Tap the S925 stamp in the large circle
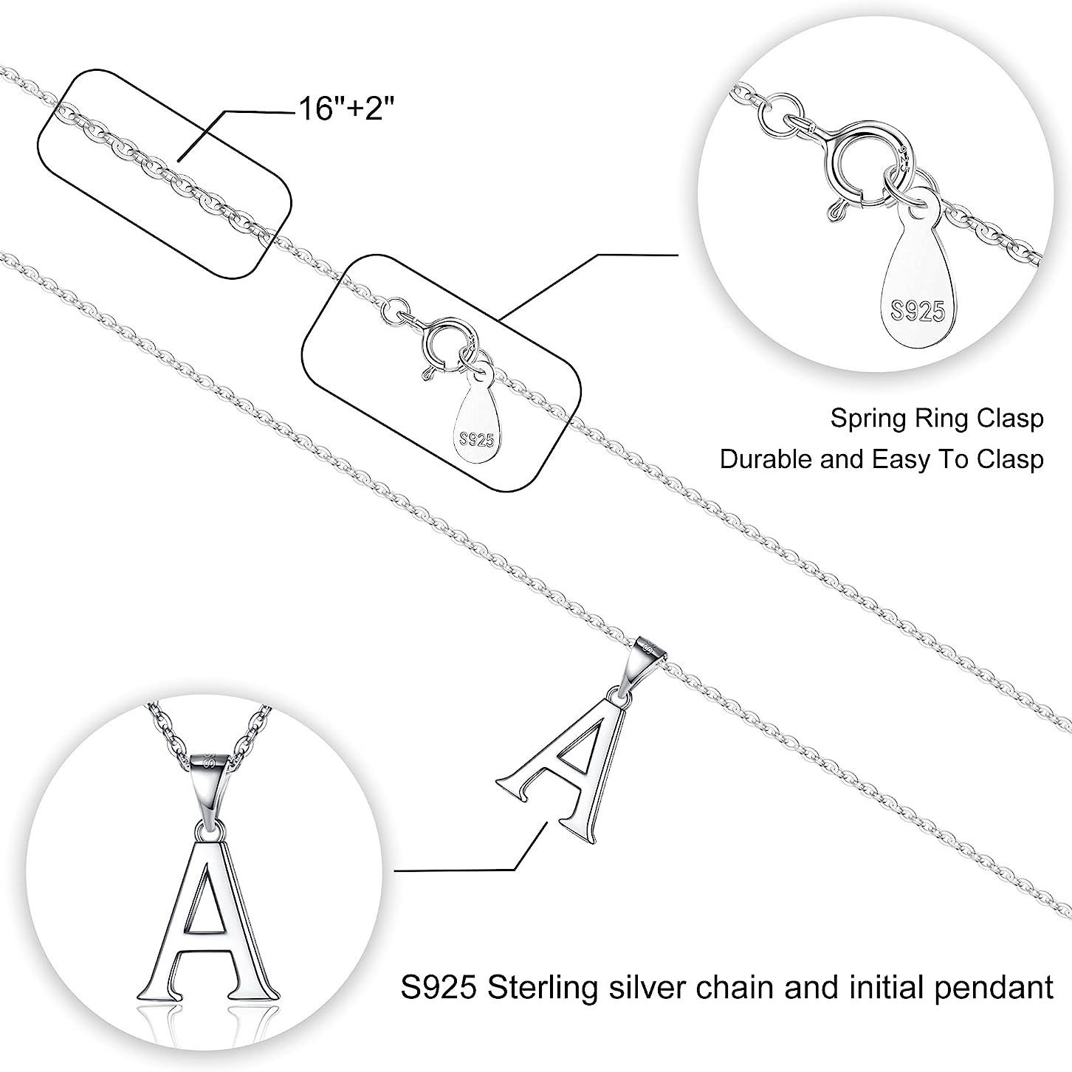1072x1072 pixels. click(918, 312)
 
